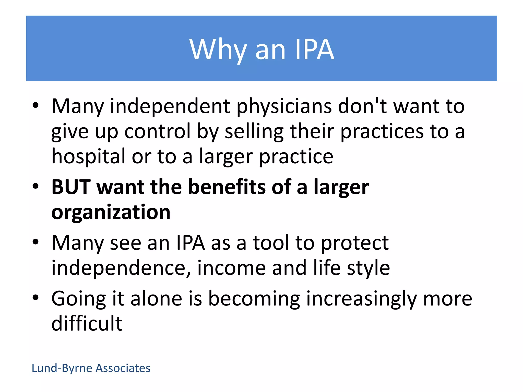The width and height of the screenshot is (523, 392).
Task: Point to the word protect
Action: [x=355, y=243]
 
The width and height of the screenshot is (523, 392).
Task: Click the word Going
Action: [x=79, y=299]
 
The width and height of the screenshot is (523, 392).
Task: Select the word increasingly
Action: [x=361, y=299]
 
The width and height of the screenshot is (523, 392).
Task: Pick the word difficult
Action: [x=87, y=323]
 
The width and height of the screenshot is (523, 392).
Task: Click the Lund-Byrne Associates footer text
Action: [x=91, y=368]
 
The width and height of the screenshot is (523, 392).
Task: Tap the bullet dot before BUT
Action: [x=35, y=186]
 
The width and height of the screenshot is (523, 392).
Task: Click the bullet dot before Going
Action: [x=35, y=297]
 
